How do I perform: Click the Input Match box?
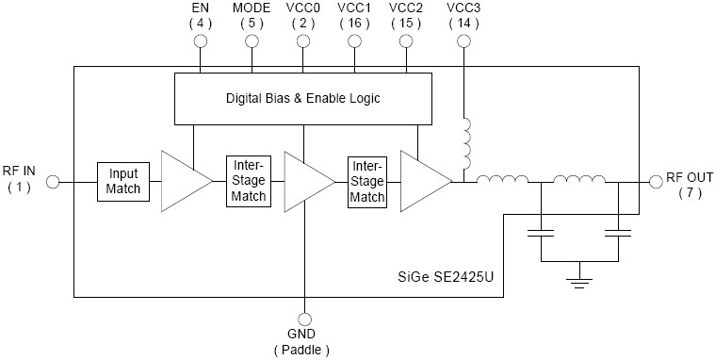click(123, 181)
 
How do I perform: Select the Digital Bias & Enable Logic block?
click(302, 98)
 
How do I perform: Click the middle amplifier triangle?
click(305, 180)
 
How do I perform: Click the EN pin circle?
click(200, 42)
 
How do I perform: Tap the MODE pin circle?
click(252, 42)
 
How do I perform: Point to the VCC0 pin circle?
click(303, 42)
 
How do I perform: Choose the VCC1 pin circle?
click(354, 42)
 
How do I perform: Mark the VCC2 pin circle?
click(406, 42)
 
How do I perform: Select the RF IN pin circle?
click(53, 181)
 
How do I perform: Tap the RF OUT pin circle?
click(656, 181)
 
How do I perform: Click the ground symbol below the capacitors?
click(580, 277)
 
